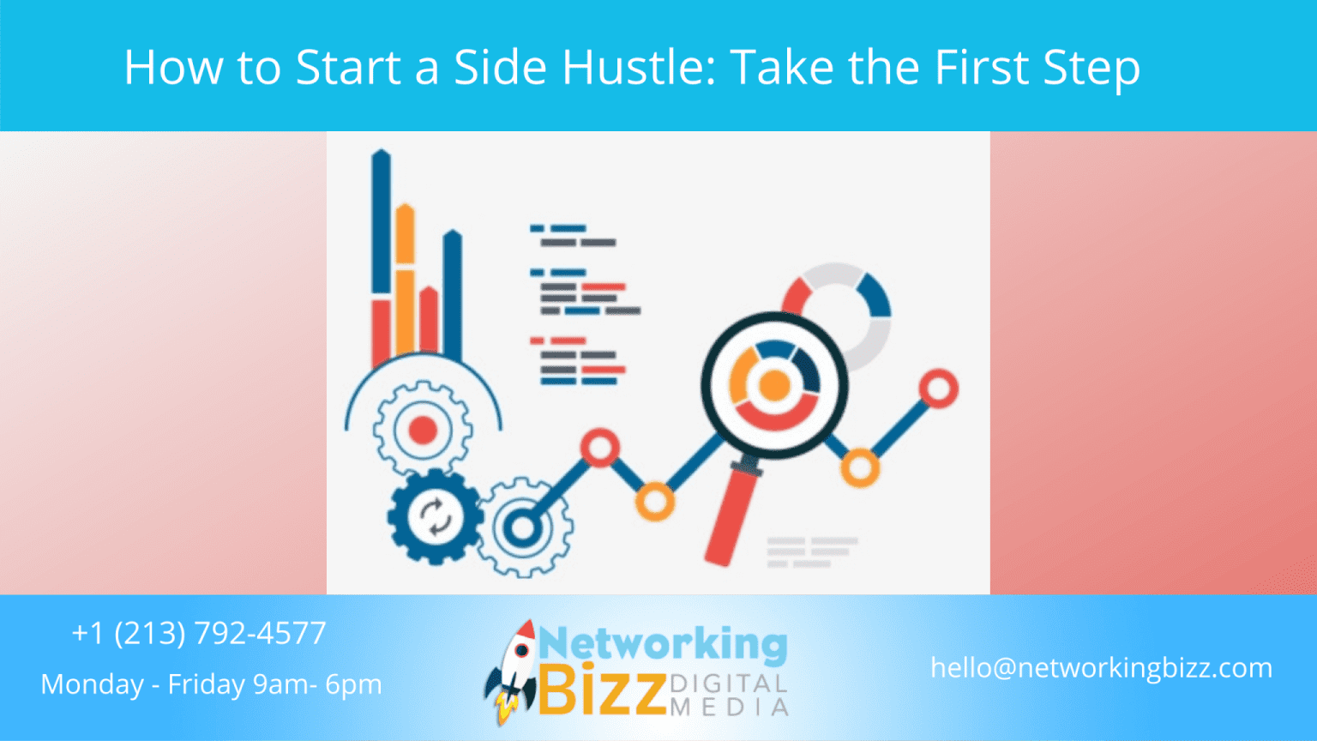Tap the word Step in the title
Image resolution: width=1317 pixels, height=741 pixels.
click(1091, 67)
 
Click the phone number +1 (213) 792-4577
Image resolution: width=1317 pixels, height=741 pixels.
click(198, 633)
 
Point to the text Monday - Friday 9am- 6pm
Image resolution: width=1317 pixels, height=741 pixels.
click(211, 684)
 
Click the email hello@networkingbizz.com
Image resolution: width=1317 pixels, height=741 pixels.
click(1101, 667)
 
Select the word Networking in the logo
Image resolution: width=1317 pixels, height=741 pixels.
click(663, 644)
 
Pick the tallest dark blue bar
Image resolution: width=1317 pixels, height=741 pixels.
click(381, 223)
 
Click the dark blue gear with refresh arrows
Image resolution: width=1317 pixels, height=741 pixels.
click(434, 516)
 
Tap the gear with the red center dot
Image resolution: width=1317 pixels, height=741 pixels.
click(423, 430)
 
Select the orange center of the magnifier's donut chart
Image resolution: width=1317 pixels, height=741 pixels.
click(774, 386)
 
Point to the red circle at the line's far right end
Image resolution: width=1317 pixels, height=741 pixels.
click(939, 389)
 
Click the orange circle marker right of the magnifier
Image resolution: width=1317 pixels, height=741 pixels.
click(859, 467)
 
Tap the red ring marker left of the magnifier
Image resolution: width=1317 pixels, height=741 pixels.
click(599, 448)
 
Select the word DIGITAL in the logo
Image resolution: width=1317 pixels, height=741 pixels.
click(728, 684)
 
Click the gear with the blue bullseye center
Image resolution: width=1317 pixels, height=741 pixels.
click(521, 527)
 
